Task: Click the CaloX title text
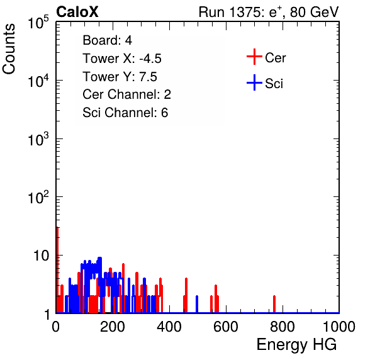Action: pos(77,12)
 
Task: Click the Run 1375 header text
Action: pos(269,12)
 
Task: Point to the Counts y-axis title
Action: pos(9,49)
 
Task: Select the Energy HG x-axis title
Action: pos(296,345)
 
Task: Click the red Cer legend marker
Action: pos(254,57)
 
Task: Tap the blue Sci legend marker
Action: pos(254,82)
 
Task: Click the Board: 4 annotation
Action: pos(107,40)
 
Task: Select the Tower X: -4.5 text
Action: pos(122,59)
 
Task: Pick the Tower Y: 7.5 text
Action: pos(120,77)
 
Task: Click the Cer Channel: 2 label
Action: pos(126,94)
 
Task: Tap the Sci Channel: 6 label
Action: pos(125,113)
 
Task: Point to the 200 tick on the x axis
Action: pos(113,327)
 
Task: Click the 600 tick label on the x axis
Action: pos(226,327)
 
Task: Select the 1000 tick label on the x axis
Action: pos(339,327)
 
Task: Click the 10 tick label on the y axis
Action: pos(41,256)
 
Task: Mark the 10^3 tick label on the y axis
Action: pos(38,138)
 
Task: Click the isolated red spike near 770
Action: pos(274,304)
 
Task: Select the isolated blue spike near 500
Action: pos(197,304)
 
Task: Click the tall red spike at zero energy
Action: pos(57,270)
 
